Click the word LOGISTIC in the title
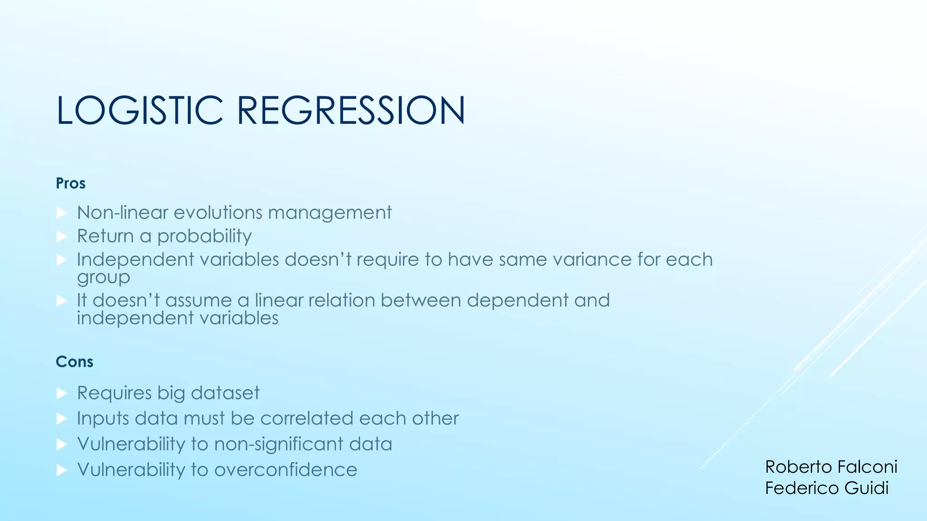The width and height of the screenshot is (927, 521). click(x=139, y=110)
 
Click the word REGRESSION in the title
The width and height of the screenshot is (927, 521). click(x=351, y=110)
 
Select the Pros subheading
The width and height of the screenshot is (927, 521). click(x=71, y=184)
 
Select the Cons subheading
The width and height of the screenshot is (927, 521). click(x=74, y=362)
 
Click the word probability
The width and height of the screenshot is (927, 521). click(x=204, y=237)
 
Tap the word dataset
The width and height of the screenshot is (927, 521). click(x=225, y=393)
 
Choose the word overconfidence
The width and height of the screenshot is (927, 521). click(x=286, y=470)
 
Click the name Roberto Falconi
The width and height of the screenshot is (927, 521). click(x=831, y=467)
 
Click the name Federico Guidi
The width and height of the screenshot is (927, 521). click(x=827, y=488)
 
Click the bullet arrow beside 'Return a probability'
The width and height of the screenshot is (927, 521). click(x=62, y=236)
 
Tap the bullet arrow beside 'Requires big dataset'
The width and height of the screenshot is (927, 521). click(x=62, y=393)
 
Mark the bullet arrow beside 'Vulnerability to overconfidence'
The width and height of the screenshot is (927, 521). click(x=62, y=470)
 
